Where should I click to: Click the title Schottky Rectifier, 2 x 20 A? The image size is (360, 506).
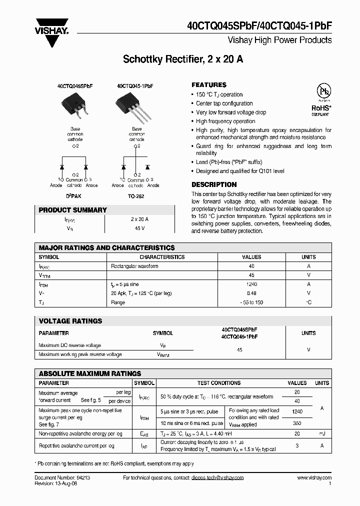point(183,59)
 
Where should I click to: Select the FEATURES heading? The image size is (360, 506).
point(209,85)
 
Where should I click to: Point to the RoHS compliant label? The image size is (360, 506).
point(320,109)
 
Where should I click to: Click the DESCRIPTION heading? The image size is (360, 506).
point(214,184)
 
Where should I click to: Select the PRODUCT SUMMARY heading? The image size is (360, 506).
point(72,210)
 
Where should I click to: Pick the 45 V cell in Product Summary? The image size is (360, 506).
point(139,228)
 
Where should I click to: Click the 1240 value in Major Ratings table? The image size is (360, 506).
point(251,284)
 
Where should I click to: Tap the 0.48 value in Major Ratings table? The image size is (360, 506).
point(251,293)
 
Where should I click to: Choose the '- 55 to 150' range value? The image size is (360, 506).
point(251,302)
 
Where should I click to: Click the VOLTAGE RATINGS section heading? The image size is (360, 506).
point(70,321)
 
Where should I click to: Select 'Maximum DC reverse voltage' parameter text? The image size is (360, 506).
point(69,345)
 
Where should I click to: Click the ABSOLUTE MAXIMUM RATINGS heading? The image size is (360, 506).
point(90,373)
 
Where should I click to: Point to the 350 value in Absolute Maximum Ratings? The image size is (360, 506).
point(297,422)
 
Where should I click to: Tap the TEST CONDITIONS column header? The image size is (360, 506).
point(219,383)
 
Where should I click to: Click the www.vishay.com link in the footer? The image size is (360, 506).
point(314,478)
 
